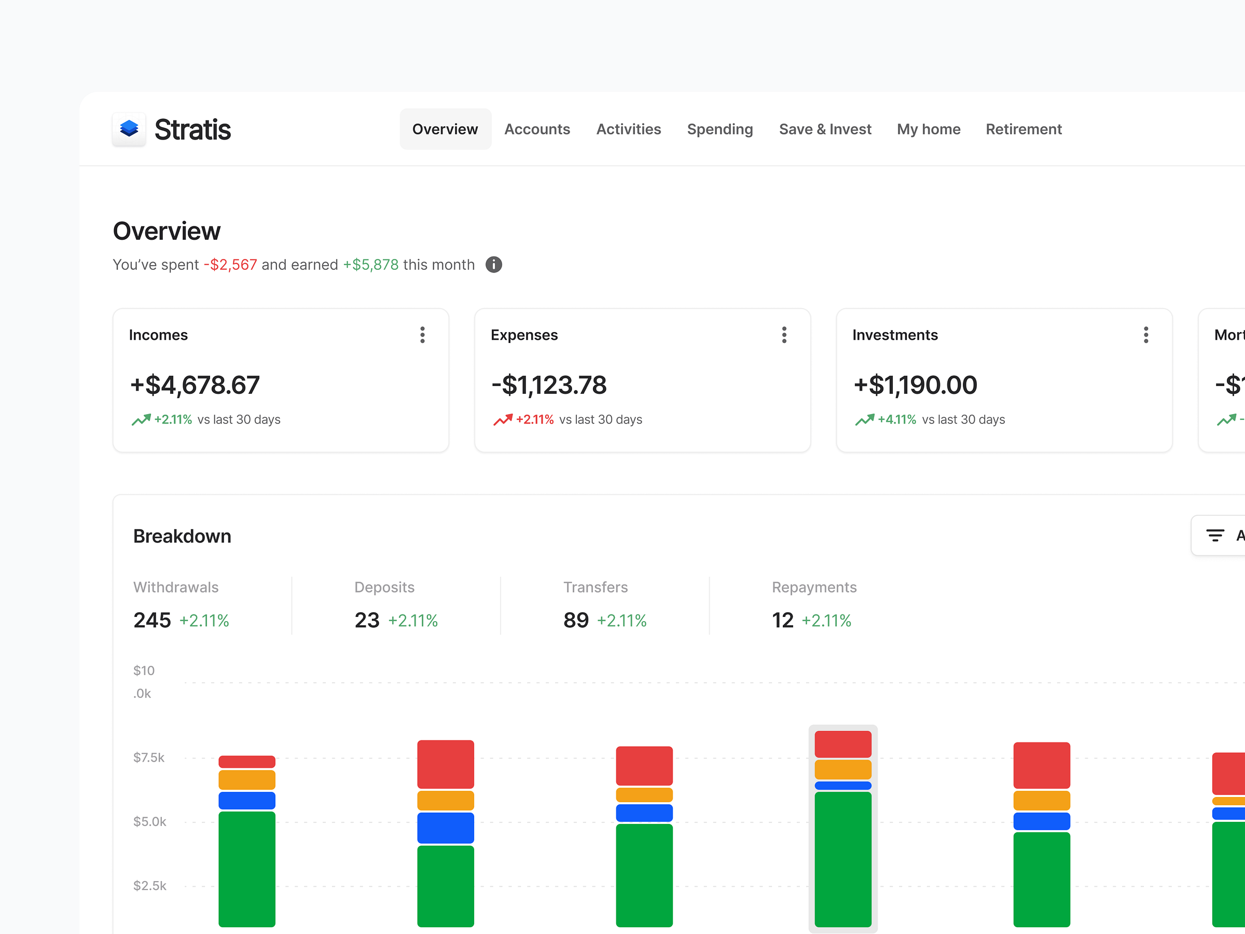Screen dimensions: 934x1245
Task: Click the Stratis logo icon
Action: (x=129, y=129)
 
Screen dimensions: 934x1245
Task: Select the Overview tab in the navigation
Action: (x=445, y=129)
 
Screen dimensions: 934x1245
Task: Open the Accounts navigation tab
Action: (x=536, y=129)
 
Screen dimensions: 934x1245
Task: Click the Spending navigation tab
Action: (x=720, y=129)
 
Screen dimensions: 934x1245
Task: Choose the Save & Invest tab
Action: (x=825, y=129)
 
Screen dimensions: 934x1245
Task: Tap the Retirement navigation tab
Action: (x=1023, y=129)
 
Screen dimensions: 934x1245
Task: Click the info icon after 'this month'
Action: (x=494, y=265)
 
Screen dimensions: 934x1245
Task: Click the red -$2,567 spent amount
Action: (x=230, y=265)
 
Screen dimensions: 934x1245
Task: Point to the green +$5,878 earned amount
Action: (x=371, y=265)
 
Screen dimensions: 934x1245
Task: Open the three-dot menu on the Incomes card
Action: (x=422, y=335)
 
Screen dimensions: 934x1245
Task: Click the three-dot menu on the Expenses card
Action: (x=784, y=335)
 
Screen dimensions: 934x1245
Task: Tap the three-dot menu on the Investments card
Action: (x=1146, y=335)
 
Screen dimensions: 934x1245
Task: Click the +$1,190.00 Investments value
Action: (x=915, y=385)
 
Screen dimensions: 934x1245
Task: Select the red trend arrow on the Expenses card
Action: (x=503, y=419)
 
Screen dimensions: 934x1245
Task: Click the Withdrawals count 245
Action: (x=152, y=620)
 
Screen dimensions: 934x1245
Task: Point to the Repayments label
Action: (x=814, y=587)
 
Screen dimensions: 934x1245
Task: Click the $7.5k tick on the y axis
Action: (x=148, y=757)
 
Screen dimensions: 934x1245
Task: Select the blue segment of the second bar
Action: (x=445, y=828)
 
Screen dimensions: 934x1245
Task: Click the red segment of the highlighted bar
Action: (x=842, y=744)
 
